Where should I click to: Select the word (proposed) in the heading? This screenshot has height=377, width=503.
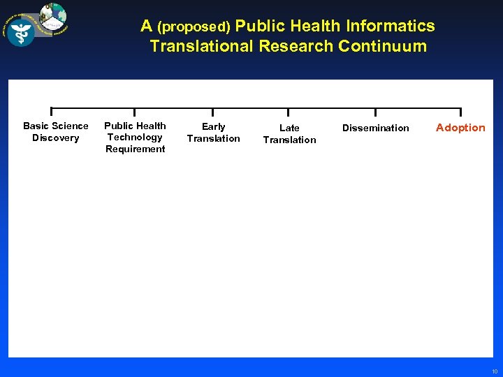coord(194,27)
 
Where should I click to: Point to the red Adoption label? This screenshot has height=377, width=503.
coord(460,128)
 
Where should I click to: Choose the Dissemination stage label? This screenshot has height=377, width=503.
coord(376,128)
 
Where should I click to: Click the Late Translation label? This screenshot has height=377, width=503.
coord(289,133)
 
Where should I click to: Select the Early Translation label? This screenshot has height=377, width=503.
coord(213,132)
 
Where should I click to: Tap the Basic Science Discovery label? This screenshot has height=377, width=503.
coord(56,131)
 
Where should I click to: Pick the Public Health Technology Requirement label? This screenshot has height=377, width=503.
coord(135,137)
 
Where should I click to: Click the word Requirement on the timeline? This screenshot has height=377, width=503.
coord(135,149)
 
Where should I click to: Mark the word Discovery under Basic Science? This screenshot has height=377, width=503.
coord(56,138)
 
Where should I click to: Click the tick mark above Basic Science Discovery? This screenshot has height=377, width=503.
coord(51,112)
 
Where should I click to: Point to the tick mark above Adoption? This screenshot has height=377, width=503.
coord(460,112)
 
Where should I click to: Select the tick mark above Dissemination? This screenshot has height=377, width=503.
coord(376,112)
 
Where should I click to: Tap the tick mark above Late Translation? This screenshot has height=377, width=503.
coord(289,112)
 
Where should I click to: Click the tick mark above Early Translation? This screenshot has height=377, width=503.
coord(213,112)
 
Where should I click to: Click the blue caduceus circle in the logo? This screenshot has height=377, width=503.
coord(21,32)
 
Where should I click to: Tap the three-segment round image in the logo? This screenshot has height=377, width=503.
coord(53,16)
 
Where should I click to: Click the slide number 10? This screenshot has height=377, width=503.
coord(494,371)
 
